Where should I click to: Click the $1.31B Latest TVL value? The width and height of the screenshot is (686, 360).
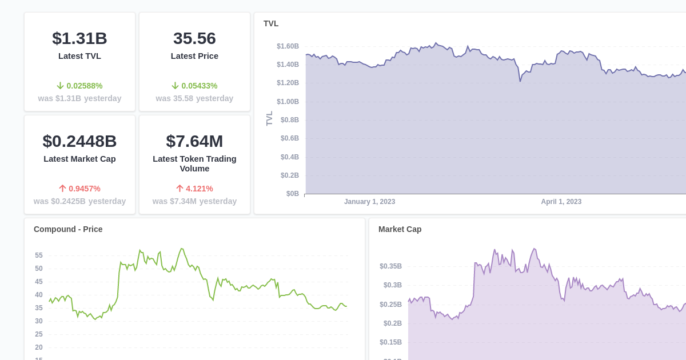pos(79,38)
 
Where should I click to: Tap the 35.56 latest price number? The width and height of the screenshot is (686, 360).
pos(194,38)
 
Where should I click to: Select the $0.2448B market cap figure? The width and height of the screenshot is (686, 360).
pos(79,141)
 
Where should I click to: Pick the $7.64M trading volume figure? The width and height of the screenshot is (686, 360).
pos(194,141)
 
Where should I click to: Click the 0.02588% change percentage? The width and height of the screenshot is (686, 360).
pos(84,86)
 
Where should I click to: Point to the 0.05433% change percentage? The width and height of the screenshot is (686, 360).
pos(199,86)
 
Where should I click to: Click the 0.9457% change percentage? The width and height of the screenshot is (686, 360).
pos(84,189)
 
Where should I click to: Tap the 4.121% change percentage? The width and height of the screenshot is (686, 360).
pos(199,189)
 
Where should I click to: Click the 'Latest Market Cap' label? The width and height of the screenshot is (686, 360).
pos(79,159)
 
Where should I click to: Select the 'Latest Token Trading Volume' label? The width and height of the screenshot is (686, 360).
pos(194,163)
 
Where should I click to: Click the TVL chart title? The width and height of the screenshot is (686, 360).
pos(271,23)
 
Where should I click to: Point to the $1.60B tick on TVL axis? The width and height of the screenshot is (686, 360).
pos(288,46)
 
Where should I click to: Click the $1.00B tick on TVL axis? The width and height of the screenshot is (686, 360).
pos(288,102)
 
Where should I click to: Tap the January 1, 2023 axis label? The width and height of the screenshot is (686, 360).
pos(369,202)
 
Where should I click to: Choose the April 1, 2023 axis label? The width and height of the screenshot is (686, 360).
pos(561,202)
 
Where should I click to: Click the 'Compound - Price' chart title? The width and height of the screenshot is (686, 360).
pos(68,229)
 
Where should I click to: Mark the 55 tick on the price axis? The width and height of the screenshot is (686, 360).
pos(39,255)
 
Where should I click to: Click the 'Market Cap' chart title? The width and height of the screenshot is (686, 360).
pos(400,229)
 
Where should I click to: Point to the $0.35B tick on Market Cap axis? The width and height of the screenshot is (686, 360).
pos(390,266)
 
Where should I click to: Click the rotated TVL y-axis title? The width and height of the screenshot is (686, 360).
pos(270,118)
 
